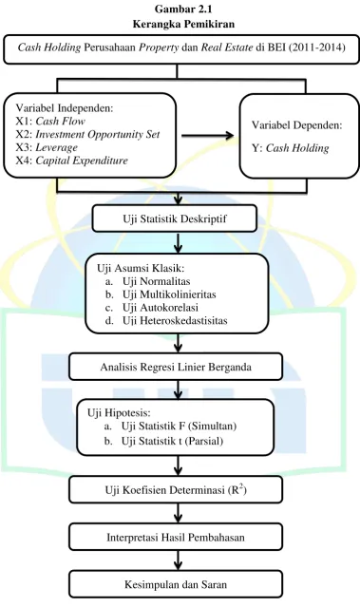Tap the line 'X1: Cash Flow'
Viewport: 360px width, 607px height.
point(50,122)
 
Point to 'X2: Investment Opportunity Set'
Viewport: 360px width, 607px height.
point(87,134)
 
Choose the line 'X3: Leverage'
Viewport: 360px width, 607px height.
point(47,147)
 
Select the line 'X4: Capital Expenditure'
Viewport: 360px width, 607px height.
point(71,161)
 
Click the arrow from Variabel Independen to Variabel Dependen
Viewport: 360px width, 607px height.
point(207,136)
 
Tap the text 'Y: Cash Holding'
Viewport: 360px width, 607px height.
point(291,148)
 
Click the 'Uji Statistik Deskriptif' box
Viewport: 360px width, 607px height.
point(174,218)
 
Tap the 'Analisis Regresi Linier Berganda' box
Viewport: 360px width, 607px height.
point(176,367)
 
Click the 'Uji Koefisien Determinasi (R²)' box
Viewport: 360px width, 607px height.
point(176,490)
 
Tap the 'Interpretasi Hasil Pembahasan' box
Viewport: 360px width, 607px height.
point(176,538)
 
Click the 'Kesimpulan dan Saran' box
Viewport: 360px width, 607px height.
point(176,584)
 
